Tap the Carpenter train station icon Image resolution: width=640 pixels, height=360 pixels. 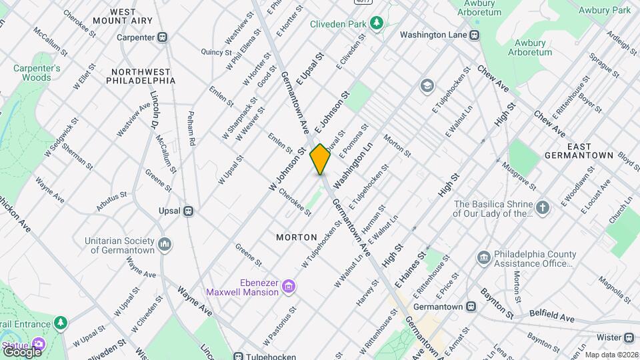point(162,37)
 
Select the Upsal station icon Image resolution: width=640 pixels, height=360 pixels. point(189,211)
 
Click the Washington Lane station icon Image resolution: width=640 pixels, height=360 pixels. point(474,35)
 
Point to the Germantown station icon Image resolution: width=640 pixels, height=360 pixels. point(471,307)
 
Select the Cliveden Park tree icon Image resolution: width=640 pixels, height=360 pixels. point(377,23)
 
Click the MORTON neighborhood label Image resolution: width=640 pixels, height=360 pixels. point(297,237)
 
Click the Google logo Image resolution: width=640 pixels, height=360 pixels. point(22,351)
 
